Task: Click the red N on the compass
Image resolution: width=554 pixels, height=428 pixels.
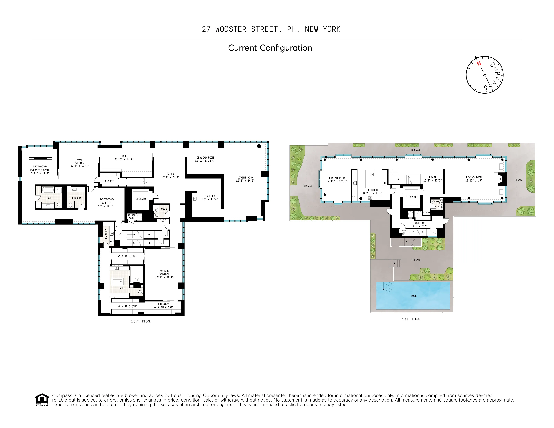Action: point(479,64)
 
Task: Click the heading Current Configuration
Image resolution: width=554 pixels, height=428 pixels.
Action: point(270,48)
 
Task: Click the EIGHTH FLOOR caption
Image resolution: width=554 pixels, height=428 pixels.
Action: point(140,321)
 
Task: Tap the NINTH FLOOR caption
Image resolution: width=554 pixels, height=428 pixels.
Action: point(411,319)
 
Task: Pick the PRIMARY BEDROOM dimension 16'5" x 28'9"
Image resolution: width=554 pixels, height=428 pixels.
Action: point(164,277)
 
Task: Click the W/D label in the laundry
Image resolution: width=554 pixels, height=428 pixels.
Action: point(112,241)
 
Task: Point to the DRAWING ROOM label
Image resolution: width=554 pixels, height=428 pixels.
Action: point(205,157)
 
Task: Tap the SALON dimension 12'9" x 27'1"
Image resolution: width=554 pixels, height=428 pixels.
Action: point(170,177)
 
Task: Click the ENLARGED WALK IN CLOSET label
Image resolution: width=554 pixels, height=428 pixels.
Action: point(164,306)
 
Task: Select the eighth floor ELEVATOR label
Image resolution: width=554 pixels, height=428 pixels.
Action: point(141,199)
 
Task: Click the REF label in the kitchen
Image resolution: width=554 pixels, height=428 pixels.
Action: point(385,183)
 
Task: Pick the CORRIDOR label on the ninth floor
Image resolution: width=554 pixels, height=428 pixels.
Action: point(419,223)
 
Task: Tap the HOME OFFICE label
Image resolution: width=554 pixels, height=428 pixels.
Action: point(80,161)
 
